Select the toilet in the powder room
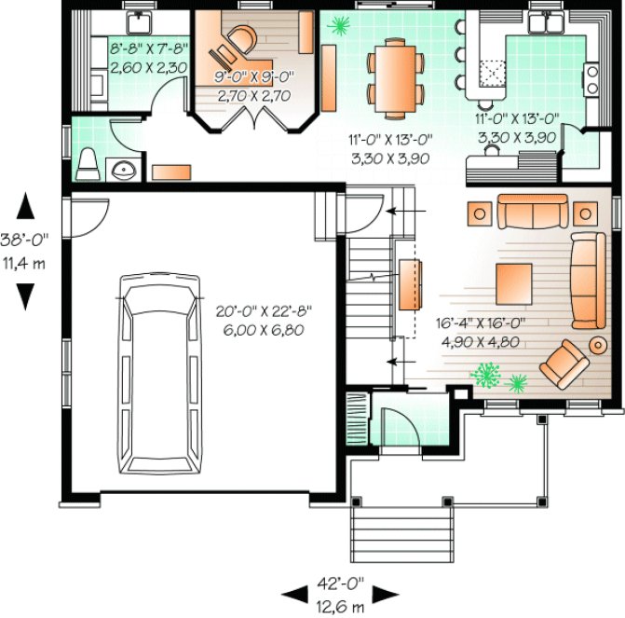click(x=88, y=164)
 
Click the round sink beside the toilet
click(x=122, y=170)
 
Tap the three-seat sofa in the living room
click(x=530, y=212)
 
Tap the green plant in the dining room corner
click(x=337, y=25)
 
